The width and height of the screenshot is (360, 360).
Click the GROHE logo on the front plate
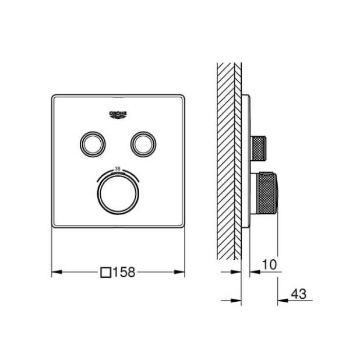118,114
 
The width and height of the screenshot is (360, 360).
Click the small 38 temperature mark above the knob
118,168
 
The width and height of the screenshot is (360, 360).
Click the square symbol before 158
106,271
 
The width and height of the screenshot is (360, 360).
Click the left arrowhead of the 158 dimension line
56,271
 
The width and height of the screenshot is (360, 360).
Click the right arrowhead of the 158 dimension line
181,271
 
